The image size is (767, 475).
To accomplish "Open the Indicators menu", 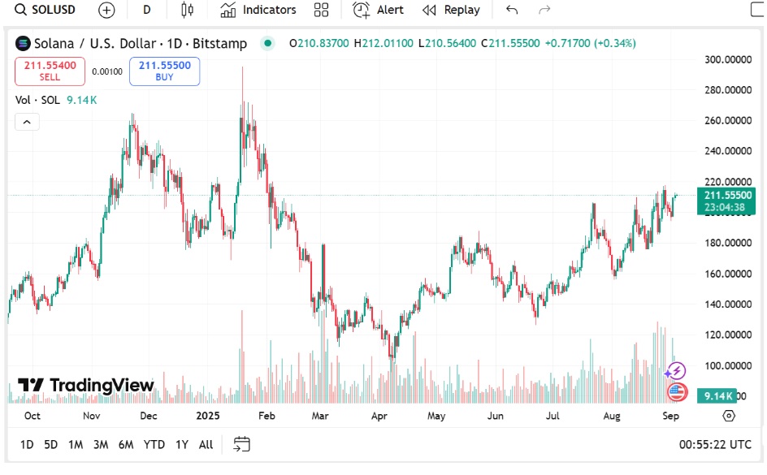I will [259, 10].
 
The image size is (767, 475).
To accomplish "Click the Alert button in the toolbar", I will [379, 10].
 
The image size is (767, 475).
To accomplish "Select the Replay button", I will [452, 10].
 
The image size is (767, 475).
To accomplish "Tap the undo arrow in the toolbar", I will [511, 10].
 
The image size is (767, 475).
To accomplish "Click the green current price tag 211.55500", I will [727, 195].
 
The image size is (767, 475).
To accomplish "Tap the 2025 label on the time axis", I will [209, 416].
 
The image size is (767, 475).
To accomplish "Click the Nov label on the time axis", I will [90, 416].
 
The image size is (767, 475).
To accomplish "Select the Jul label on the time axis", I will [552, 416].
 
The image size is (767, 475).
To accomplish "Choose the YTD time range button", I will [154, 444].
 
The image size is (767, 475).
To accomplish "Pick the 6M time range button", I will [126, 444].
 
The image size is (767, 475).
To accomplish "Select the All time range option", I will [206, 444].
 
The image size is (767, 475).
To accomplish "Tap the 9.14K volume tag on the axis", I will [719, 395].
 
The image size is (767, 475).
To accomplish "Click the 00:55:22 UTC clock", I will [714, 444].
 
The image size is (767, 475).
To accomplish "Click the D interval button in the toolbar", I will [146, 10].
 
